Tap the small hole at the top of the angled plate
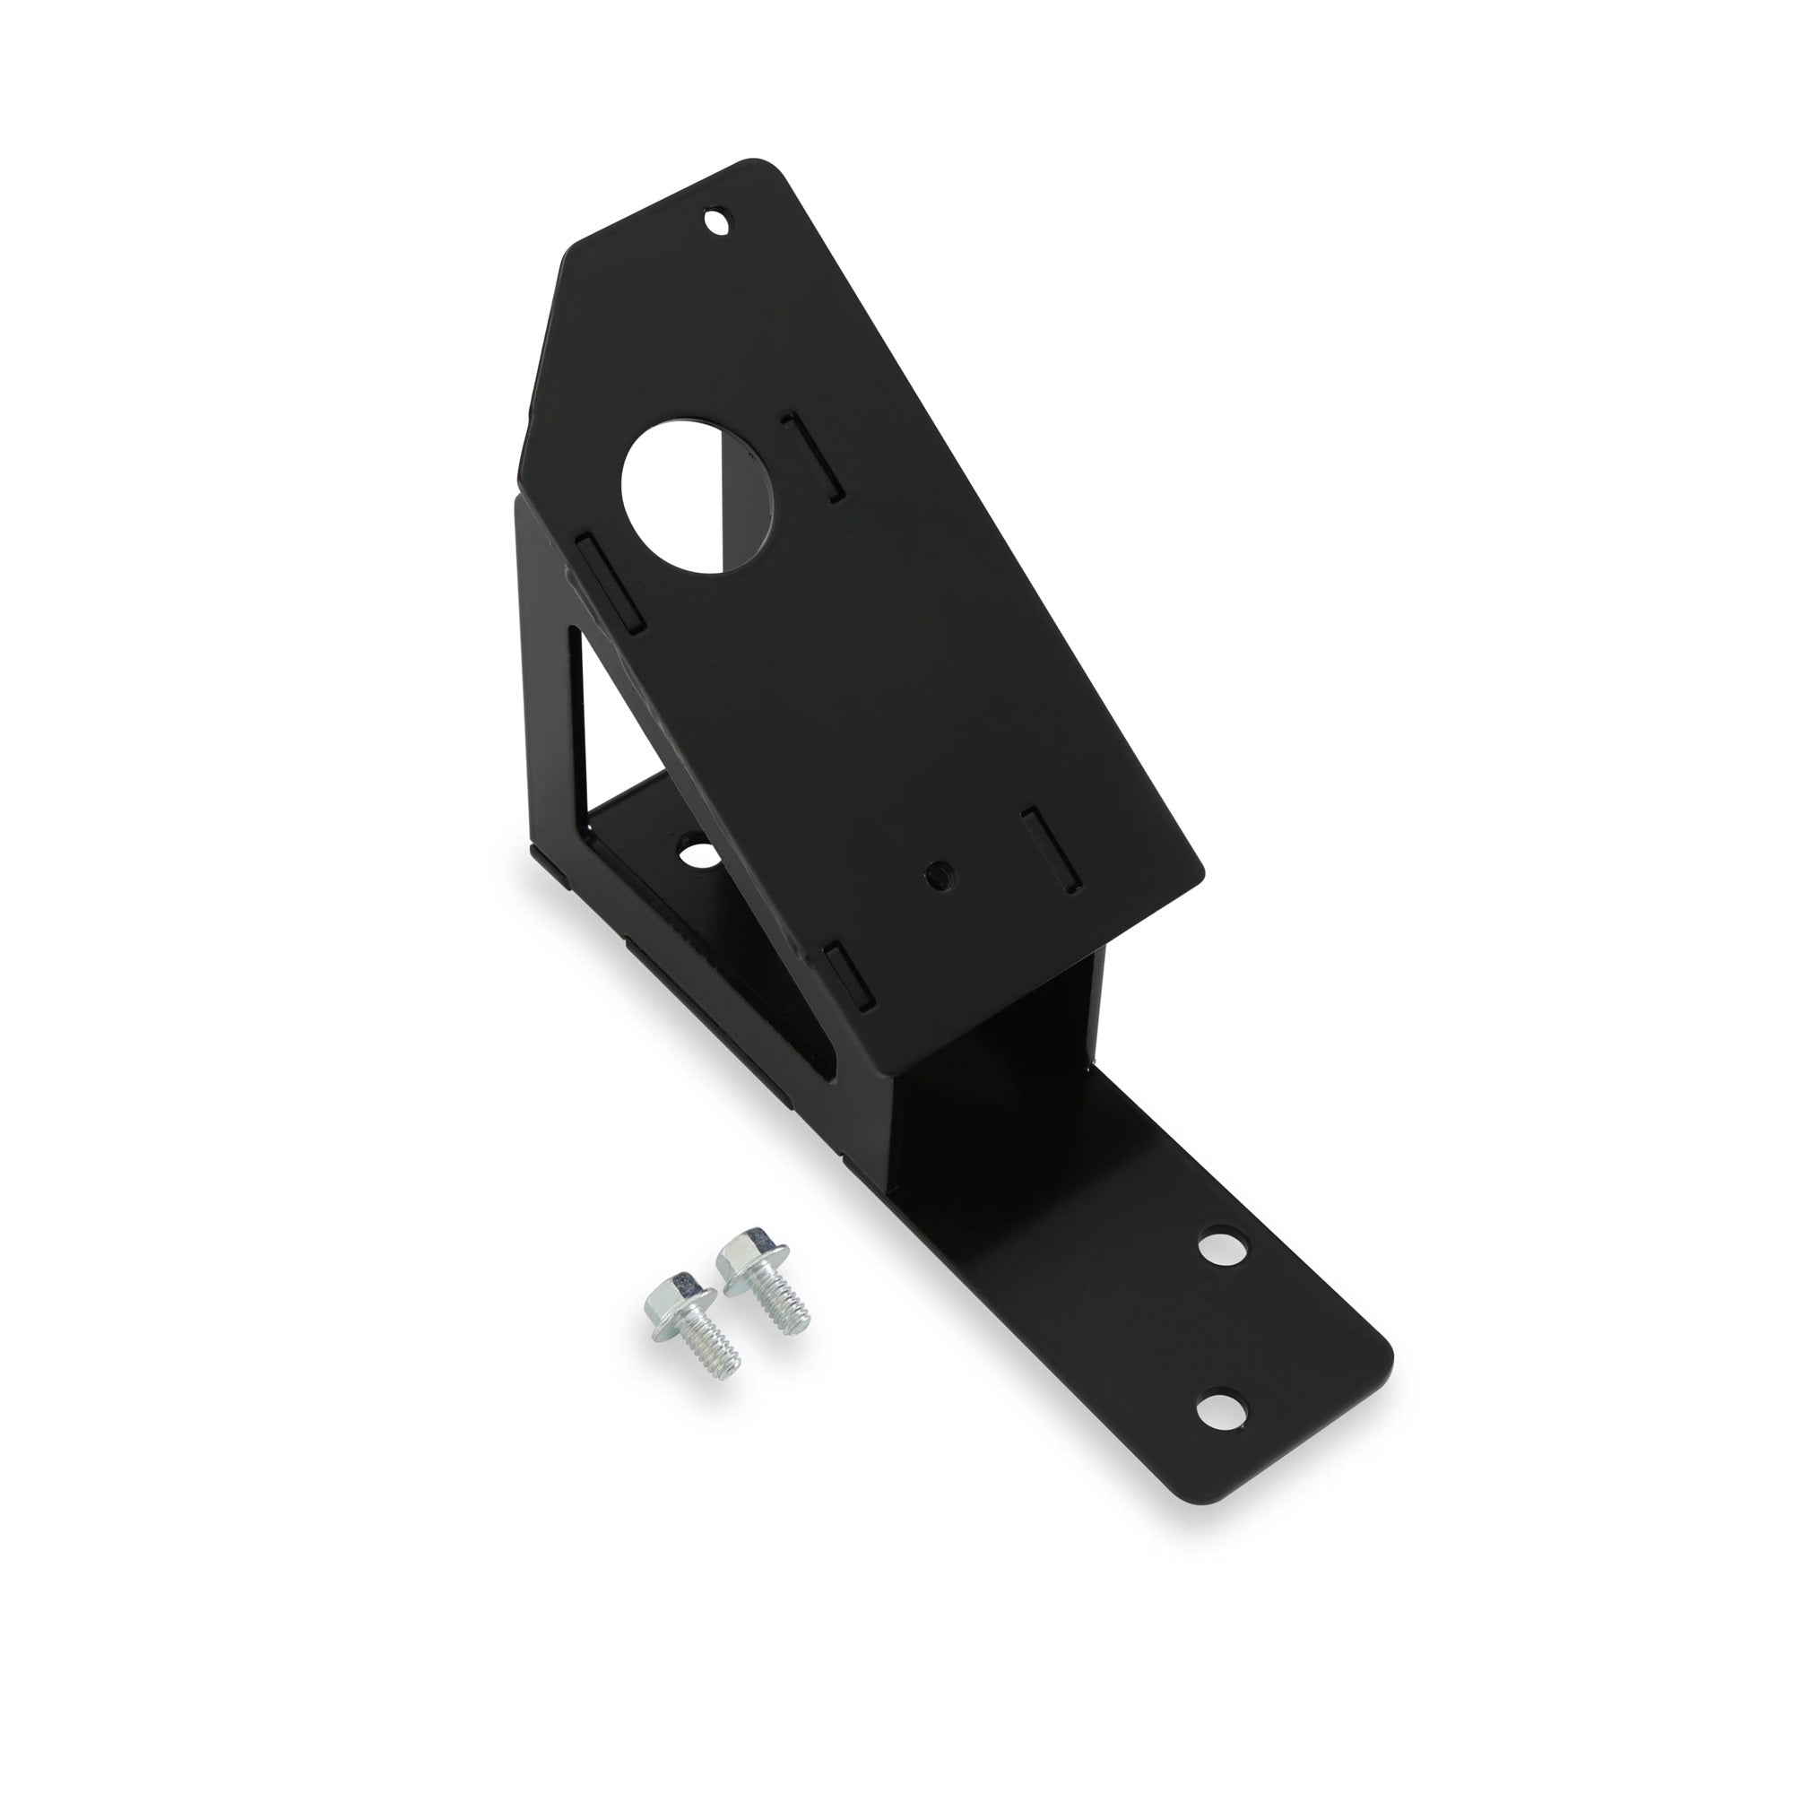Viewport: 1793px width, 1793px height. click(x=715, y=222)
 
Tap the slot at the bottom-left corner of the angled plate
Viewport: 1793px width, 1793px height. click(x=846, y=978)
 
